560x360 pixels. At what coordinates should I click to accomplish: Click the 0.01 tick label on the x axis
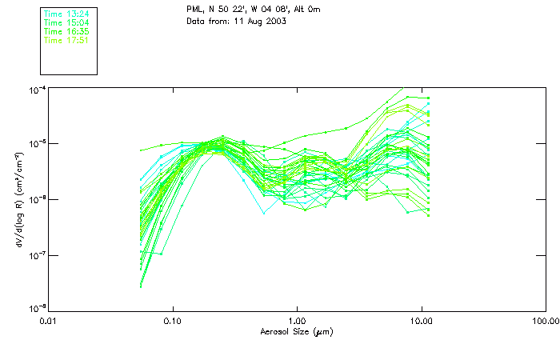pos(49,321)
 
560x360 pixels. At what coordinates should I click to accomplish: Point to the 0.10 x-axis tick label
pos(173,321)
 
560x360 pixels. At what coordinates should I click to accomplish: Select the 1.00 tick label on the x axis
pos(297,321)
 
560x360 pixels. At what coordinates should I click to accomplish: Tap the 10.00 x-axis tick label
pos(421,321)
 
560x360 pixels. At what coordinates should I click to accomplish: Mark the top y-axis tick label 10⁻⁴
pos(36,90)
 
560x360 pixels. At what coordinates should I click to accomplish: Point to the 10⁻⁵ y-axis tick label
pos(36,145)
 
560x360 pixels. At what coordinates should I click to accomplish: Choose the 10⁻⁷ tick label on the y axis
pos(36,255)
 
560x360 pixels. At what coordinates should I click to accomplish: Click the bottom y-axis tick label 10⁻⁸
pos(36,308)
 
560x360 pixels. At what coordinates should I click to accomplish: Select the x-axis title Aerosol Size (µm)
pos(297,331)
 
